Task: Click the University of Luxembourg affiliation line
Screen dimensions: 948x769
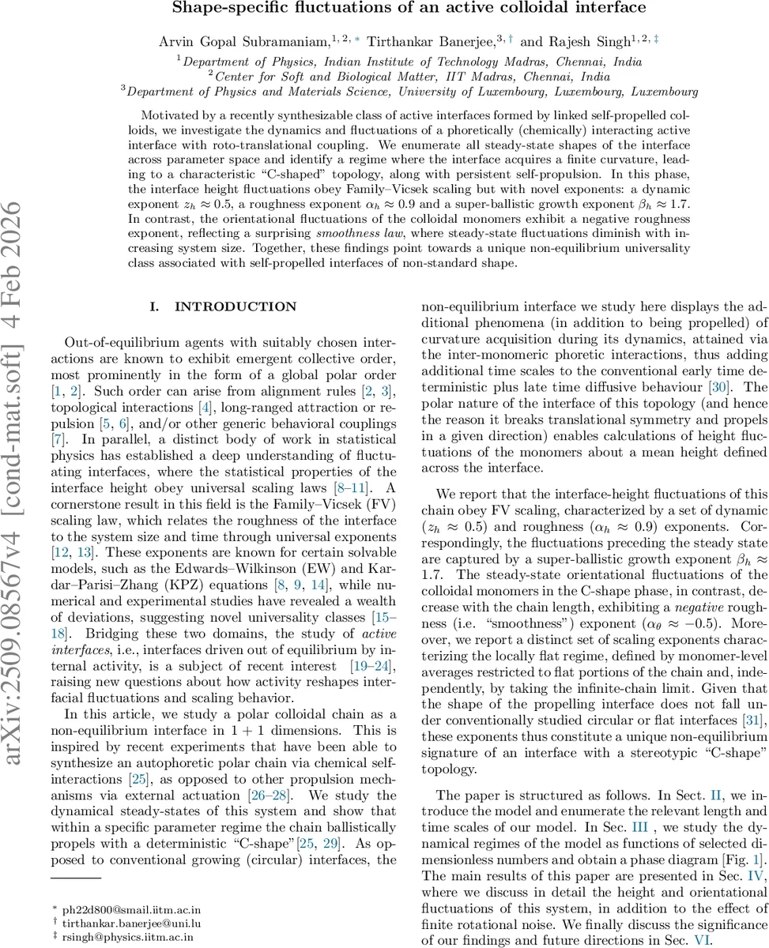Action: tap(409, 92)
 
